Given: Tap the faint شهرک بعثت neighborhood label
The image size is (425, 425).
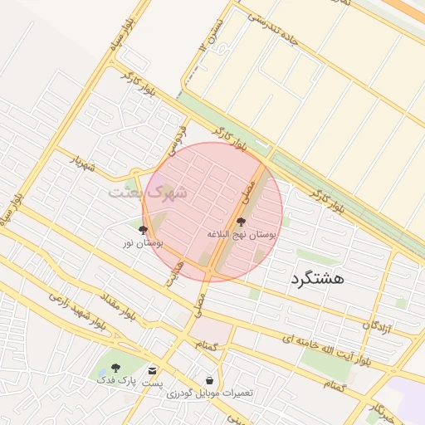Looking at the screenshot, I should coord(148,192).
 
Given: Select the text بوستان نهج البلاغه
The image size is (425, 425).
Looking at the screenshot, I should coord(241,235).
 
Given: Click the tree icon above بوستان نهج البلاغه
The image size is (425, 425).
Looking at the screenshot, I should coord(241,222).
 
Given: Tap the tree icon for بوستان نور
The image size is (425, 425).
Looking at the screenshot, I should coord(143,230).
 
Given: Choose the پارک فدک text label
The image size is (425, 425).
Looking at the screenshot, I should coord(115,379).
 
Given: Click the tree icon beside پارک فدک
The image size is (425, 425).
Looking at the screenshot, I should coord(115,368).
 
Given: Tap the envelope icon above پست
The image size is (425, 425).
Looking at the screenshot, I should coord(152,370).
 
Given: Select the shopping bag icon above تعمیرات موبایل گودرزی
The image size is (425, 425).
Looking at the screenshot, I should coord(209,380).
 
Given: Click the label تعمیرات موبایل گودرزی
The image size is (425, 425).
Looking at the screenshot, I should coord(209,393).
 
